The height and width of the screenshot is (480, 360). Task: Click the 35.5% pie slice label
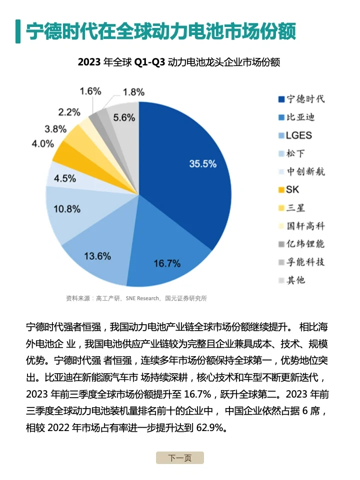pos(202,164)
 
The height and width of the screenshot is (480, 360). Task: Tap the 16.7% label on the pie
pos(167,263)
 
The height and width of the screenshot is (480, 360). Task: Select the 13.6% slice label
pos(97,256)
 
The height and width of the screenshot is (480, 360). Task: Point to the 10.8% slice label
pos(67,208)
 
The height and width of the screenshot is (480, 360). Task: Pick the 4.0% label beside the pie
pos(42,144)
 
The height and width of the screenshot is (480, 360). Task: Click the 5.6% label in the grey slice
pos(124,118)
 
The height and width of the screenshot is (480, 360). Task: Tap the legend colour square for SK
pos(281,190)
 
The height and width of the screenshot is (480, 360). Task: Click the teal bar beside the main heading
pos(18,31)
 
